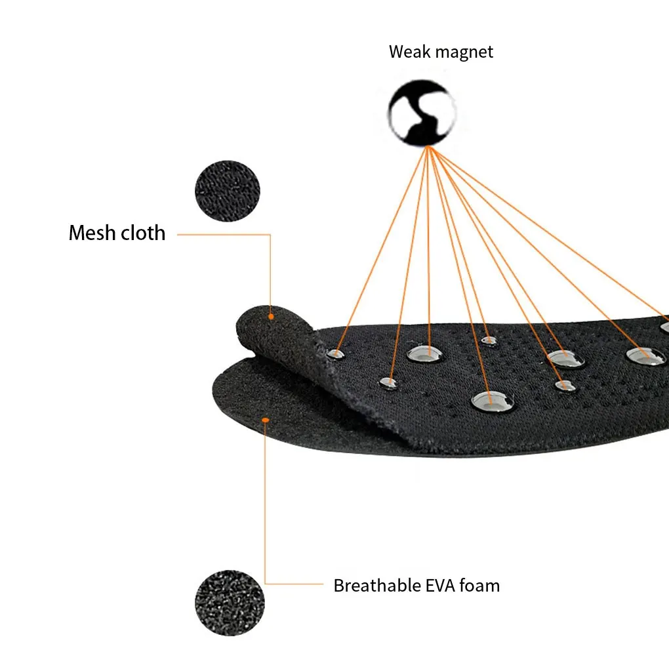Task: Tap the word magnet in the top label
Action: point(462,52)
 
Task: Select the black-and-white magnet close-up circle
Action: point(422,113)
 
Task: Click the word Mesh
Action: point(92,233)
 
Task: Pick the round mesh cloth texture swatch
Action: point(228,191)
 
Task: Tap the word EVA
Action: point(443,585)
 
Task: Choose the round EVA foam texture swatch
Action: point(230,602)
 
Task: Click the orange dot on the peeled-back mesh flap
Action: point(270,317)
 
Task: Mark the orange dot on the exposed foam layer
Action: point(265,419)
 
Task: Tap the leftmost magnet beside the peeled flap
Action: point(336,354)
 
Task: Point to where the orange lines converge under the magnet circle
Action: point(428,147)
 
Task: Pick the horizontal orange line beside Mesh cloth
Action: point(223,234)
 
